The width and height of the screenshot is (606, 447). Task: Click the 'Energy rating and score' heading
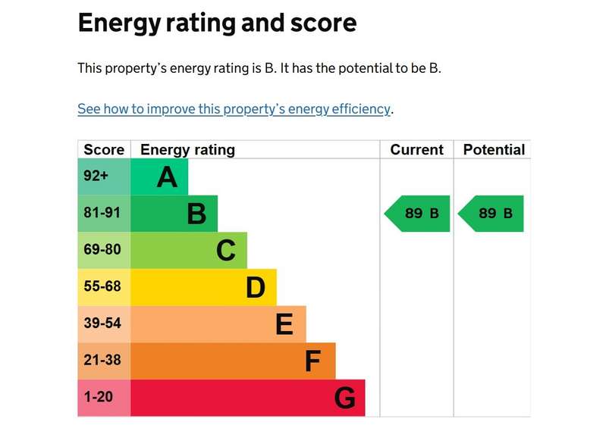(x=217, y=23)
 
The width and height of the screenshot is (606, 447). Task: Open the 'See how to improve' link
(x=234, y=109)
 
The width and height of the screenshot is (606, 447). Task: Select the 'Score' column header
(x=104, y=149)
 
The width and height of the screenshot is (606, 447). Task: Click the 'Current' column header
(x=416, y=149)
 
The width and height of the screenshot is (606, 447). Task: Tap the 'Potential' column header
(x=494, y=149)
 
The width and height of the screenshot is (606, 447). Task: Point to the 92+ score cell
(x=104, y=177)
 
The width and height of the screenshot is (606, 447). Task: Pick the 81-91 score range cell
(x=104, y=213)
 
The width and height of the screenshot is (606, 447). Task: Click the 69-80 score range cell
(x=104, y=250)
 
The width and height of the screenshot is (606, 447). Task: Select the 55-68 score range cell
(x=104, y=287)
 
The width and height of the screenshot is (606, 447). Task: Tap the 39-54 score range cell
(x=104, y=324)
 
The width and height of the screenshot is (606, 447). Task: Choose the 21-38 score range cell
(x=104, y=361)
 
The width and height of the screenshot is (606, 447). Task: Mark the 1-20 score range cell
(x=104, y=398)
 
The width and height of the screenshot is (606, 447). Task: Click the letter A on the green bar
(x=167, y=177)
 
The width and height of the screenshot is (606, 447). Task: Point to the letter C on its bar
(x=226, y=251)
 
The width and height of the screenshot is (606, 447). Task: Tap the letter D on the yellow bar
(x=256, y=288)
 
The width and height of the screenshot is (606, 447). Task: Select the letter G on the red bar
(x=345, y=398)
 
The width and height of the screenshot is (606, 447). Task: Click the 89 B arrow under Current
(x=417, y=214)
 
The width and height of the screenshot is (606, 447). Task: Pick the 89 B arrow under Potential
(x=491, y=214)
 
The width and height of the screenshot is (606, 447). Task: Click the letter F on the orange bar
(x=312, y=361)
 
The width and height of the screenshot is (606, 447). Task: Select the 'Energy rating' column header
(x=187, y=150)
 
